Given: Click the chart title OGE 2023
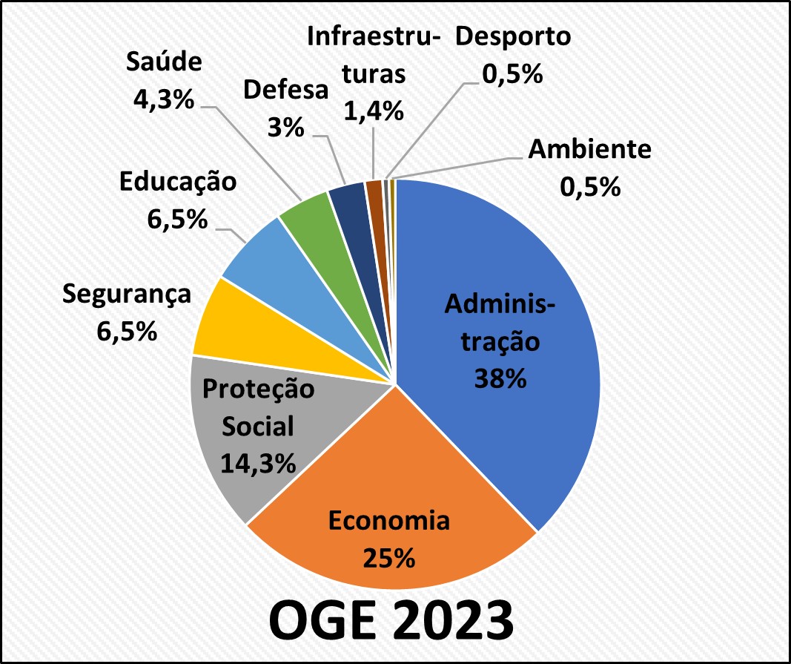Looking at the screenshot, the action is [391, 620].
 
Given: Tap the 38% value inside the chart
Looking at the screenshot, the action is [500, 378].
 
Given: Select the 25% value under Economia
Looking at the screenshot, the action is [389, 558].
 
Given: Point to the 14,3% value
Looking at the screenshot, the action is [258, 463].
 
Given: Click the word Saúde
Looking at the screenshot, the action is [164, 62].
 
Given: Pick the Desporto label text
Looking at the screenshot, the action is [513, 36].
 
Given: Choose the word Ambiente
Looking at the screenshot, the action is [589, 149].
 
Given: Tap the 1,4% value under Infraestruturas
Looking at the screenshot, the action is [374, 111].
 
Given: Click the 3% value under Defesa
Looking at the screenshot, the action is [286, 128].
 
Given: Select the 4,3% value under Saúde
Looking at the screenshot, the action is [164, 99].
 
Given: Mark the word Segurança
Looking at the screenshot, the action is [127, 295].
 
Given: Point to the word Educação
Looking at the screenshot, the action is [178, 182].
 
